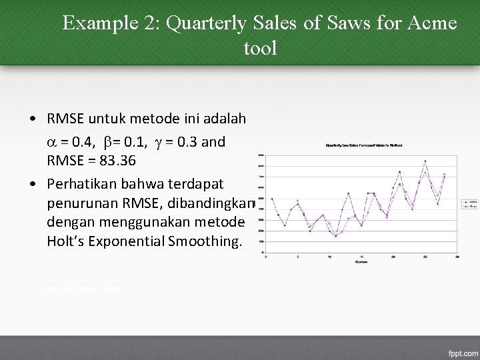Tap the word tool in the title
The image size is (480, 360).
click(x=261, y=48)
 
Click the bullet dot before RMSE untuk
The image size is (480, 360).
click(x=33, y=119)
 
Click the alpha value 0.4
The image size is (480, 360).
click(x=83, y=142)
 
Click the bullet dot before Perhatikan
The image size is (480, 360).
click(x=33, y=183)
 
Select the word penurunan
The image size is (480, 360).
click(x=79, y=202)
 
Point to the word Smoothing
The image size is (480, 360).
click(x=207, y=241)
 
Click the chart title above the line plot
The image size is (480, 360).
click(x=363, y=145)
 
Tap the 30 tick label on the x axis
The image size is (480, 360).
click(x=457, y=256)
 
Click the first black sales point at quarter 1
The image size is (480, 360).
click(x=272, y=199)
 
